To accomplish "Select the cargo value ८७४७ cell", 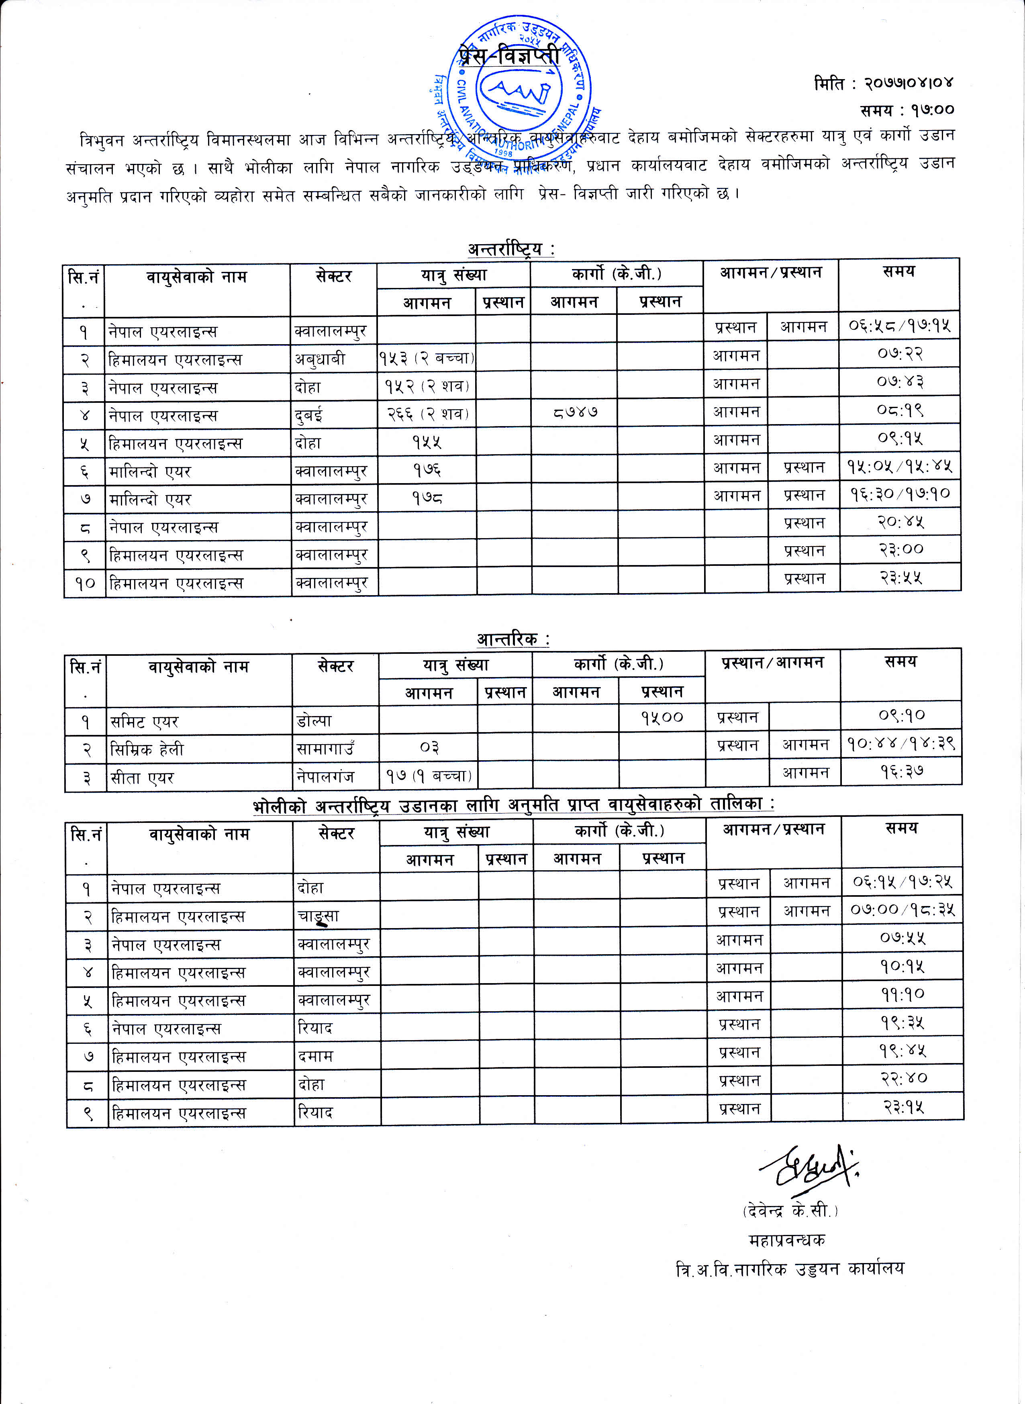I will (x=575, y=412).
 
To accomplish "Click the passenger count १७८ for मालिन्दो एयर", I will (x=427, y=498).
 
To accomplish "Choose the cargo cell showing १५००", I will (x=662, y=718).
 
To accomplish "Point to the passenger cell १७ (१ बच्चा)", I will (x=429, y=775).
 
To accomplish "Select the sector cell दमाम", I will (x=316, y=1056).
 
